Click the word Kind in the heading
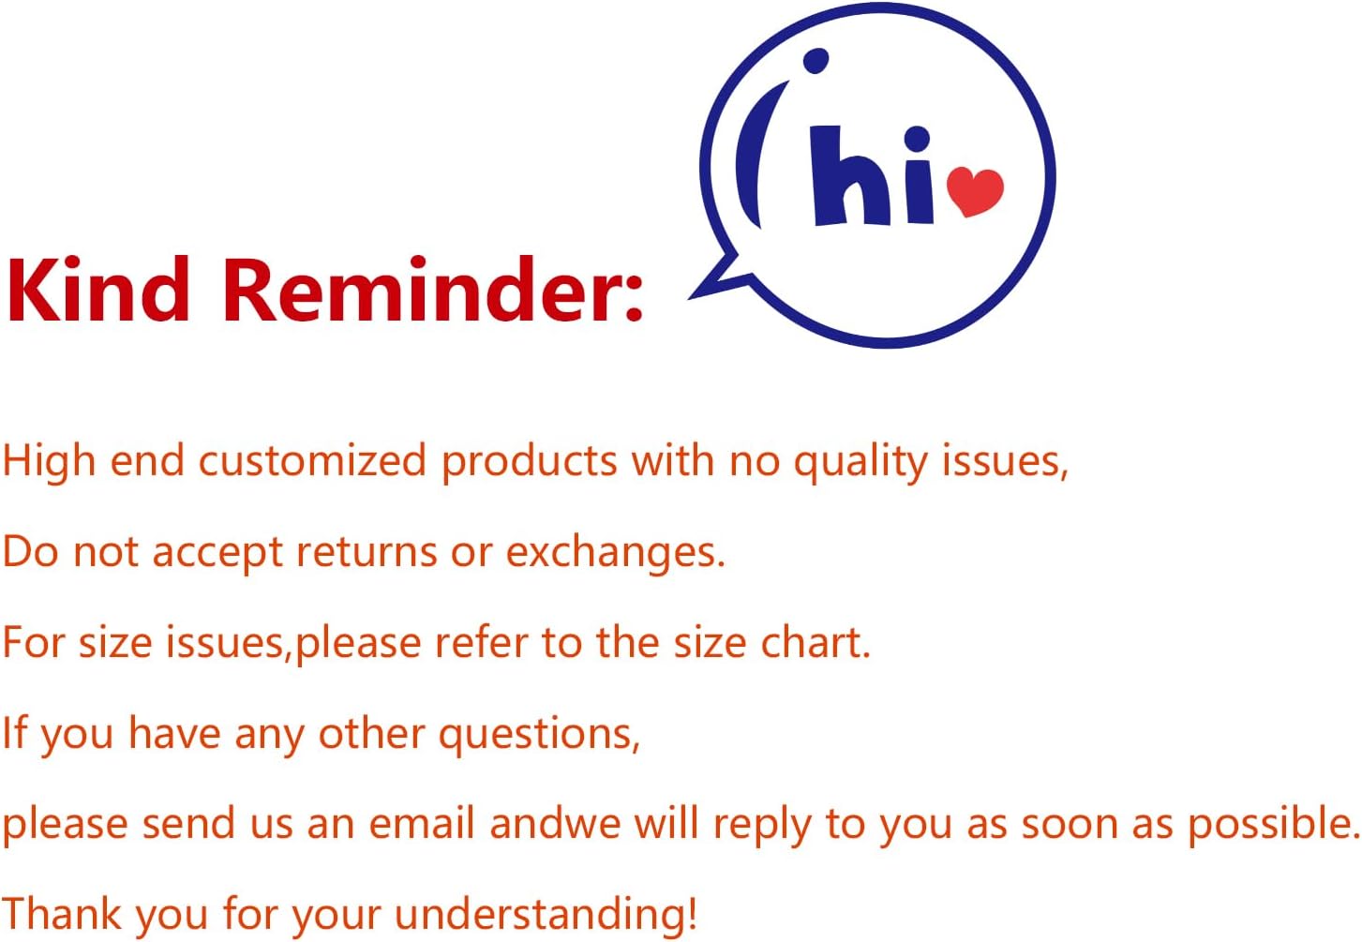pos(97,288)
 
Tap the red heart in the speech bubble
pos(975,191)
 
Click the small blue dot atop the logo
pos(816,61)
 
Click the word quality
pos(861,462)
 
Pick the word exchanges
pos(615,553)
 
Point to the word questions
pos(539,735)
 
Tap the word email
pos(422,824)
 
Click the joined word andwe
pos(555,824)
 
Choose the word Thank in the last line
pos(62,914)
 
